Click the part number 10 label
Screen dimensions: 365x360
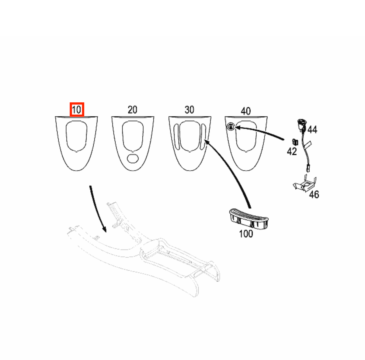[77, 110]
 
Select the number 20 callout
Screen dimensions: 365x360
[132, 110]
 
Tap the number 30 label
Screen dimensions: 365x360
[189, 110]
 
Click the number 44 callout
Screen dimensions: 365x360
[312, 130]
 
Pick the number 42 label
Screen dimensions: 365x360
[292, 152]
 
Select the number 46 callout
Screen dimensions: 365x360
[314, 194]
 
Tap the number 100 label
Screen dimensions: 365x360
[246, 234]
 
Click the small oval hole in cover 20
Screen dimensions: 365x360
[133, 159]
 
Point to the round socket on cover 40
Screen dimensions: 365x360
[231, 127]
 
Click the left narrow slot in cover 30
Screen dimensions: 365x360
[176, 136]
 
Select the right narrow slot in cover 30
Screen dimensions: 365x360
[203, 136]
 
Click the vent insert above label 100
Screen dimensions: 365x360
[249, 219]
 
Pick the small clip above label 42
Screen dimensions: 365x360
[295, 142]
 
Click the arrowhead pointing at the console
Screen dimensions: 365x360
[104, 229]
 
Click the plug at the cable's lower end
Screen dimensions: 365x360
[308, 168]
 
